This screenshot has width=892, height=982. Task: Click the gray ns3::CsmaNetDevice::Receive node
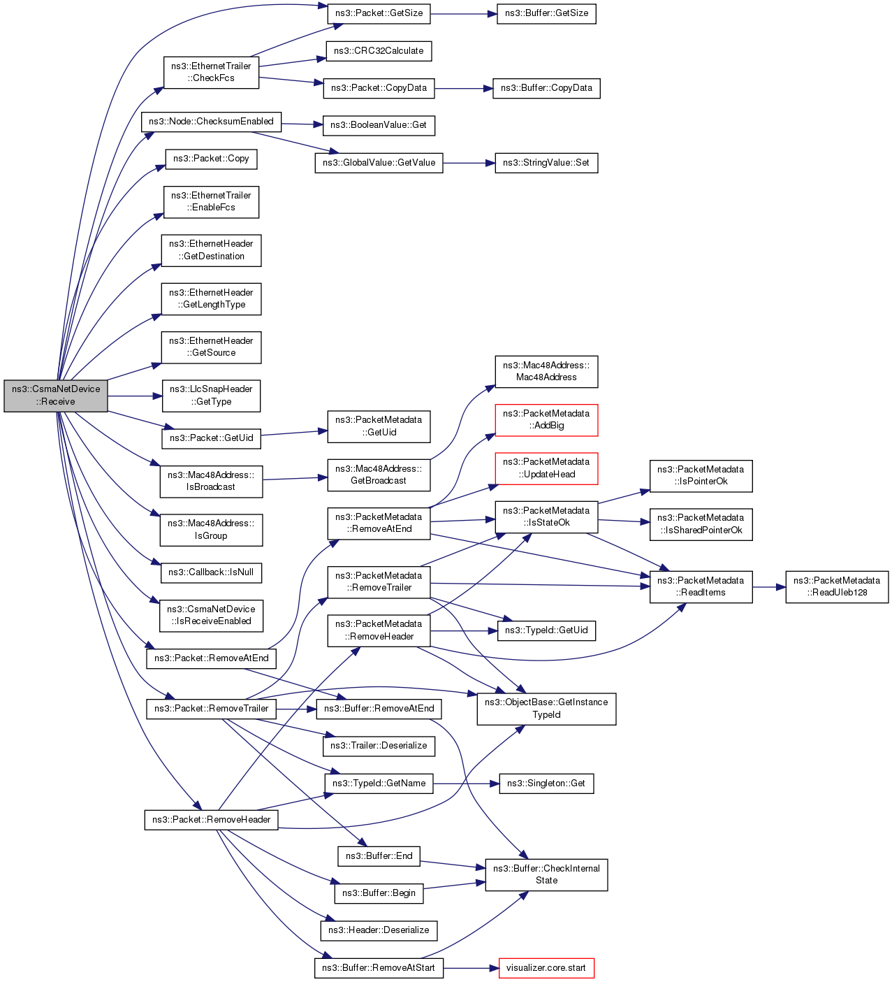pyautogui.click(x=56, y=396)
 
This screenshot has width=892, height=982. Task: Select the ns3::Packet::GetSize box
pyautogui.click(x=379, y=13)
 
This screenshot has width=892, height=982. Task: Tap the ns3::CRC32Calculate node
pyautogui.click(x=379, y=51)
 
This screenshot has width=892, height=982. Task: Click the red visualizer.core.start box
pyautogui.click(x=546, y=968)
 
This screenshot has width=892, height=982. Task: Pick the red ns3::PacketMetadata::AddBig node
pyautogui.click(x=546, y=420)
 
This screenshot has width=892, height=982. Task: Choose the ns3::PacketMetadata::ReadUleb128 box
pyautogui.click(x=837, y=586)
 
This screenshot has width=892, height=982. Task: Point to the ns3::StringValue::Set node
pyautogui.click(x=546, y=163)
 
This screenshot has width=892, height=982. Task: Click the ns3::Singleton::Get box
pyautogui.click(x=546, y=784)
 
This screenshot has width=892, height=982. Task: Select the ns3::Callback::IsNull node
pyautogui.click(x=211, y=572)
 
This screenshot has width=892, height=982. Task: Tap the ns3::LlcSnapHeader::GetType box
pyautogui.click(x=211, y=396)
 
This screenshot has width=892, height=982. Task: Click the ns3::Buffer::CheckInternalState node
pyautogui.click(x=546, y=874)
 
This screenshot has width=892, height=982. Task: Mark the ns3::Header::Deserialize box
pyautogui.click(x=379, y=930)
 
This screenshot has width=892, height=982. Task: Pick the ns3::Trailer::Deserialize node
pyautogui.click(x=379, y=746)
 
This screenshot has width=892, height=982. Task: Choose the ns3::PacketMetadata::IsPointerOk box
pyautogui.click(x=701, y=475)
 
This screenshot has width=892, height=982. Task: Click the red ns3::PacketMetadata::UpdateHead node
pyautogui.click(x=546, y=468)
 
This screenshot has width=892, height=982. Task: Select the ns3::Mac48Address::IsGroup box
pyautogui.click(x=211, y=530)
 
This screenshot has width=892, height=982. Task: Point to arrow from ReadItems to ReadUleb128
pyautogui.click(x=769, y=587)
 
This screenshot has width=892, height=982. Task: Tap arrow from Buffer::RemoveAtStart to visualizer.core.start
pyautogui.click(x=471, y=968)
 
